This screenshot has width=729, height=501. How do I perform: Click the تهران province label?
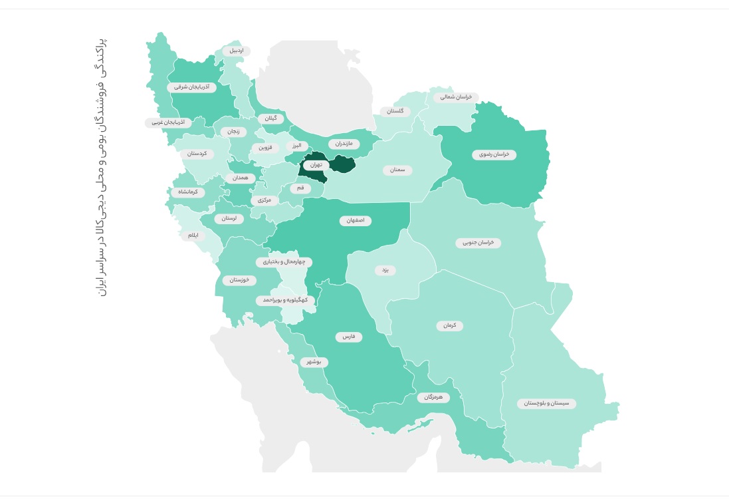[316, 164]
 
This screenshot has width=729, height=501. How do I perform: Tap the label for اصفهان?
[356, 220]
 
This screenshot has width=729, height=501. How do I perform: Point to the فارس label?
[349, 337]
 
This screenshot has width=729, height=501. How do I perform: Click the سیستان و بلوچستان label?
[547, 403]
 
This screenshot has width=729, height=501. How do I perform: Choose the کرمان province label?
[449, 326]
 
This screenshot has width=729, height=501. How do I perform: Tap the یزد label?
[385, 270]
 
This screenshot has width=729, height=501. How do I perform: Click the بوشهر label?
[314, 362]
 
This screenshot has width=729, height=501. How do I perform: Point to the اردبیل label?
[237, 51]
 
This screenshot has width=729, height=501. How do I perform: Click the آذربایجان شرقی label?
[191, 86]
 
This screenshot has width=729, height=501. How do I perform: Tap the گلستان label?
[395, 111]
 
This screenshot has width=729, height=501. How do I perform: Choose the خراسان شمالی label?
[456, 97]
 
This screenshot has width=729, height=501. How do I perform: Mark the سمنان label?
[397, 170]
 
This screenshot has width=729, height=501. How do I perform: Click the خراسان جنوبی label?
[478, 243]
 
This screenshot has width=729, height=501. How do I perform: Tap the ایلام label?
[193, 236]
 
